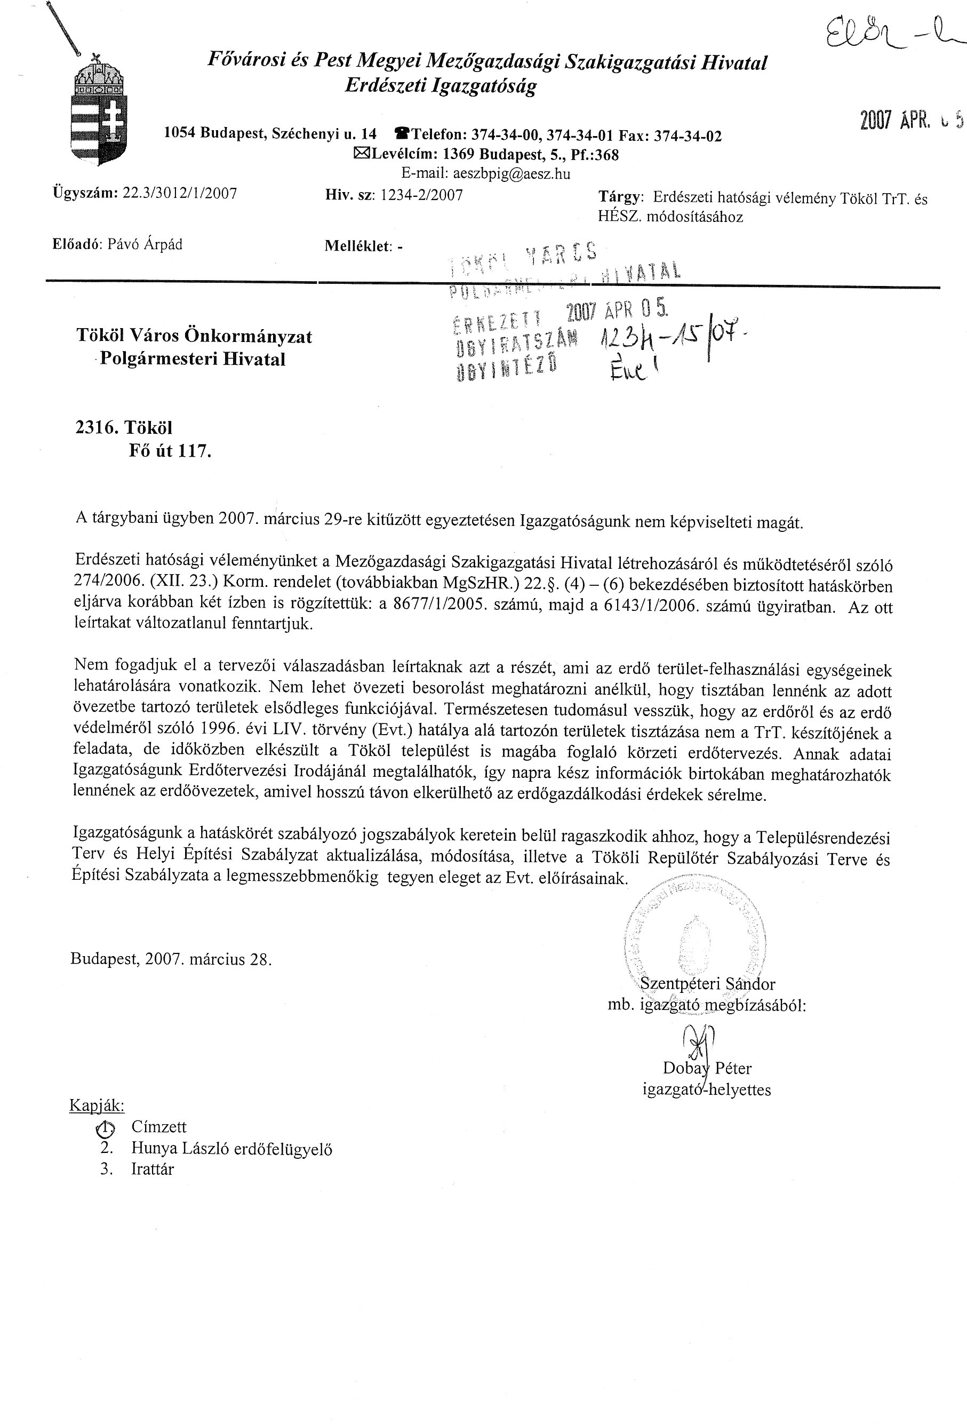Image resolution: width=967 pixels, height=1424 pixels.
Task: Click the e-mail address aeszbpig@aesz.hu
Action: point(486,174)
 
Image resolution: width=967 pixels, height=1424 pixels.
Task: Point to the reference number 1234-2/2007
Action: point(421,195)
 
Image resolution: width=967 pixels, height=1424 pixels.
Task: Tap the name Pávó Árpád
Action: point(145,244)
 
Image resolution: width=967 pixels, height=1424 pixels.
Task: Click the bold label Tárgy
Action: point(620,197)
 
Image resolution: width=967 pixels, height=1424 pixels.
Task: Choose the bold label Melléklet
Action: point(358,246)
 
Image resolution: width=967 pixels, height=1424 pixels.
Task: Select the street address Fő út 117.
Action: point(170,451)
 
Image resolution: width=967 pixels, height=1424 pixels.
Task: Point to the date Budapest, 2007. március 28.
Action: point(171,959)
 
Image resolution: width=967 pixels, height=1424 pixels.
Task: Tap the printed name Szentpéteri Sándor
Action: point(707,984)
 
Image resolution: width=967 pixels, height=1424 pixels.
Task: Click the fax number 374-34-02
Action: point(688,136)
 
